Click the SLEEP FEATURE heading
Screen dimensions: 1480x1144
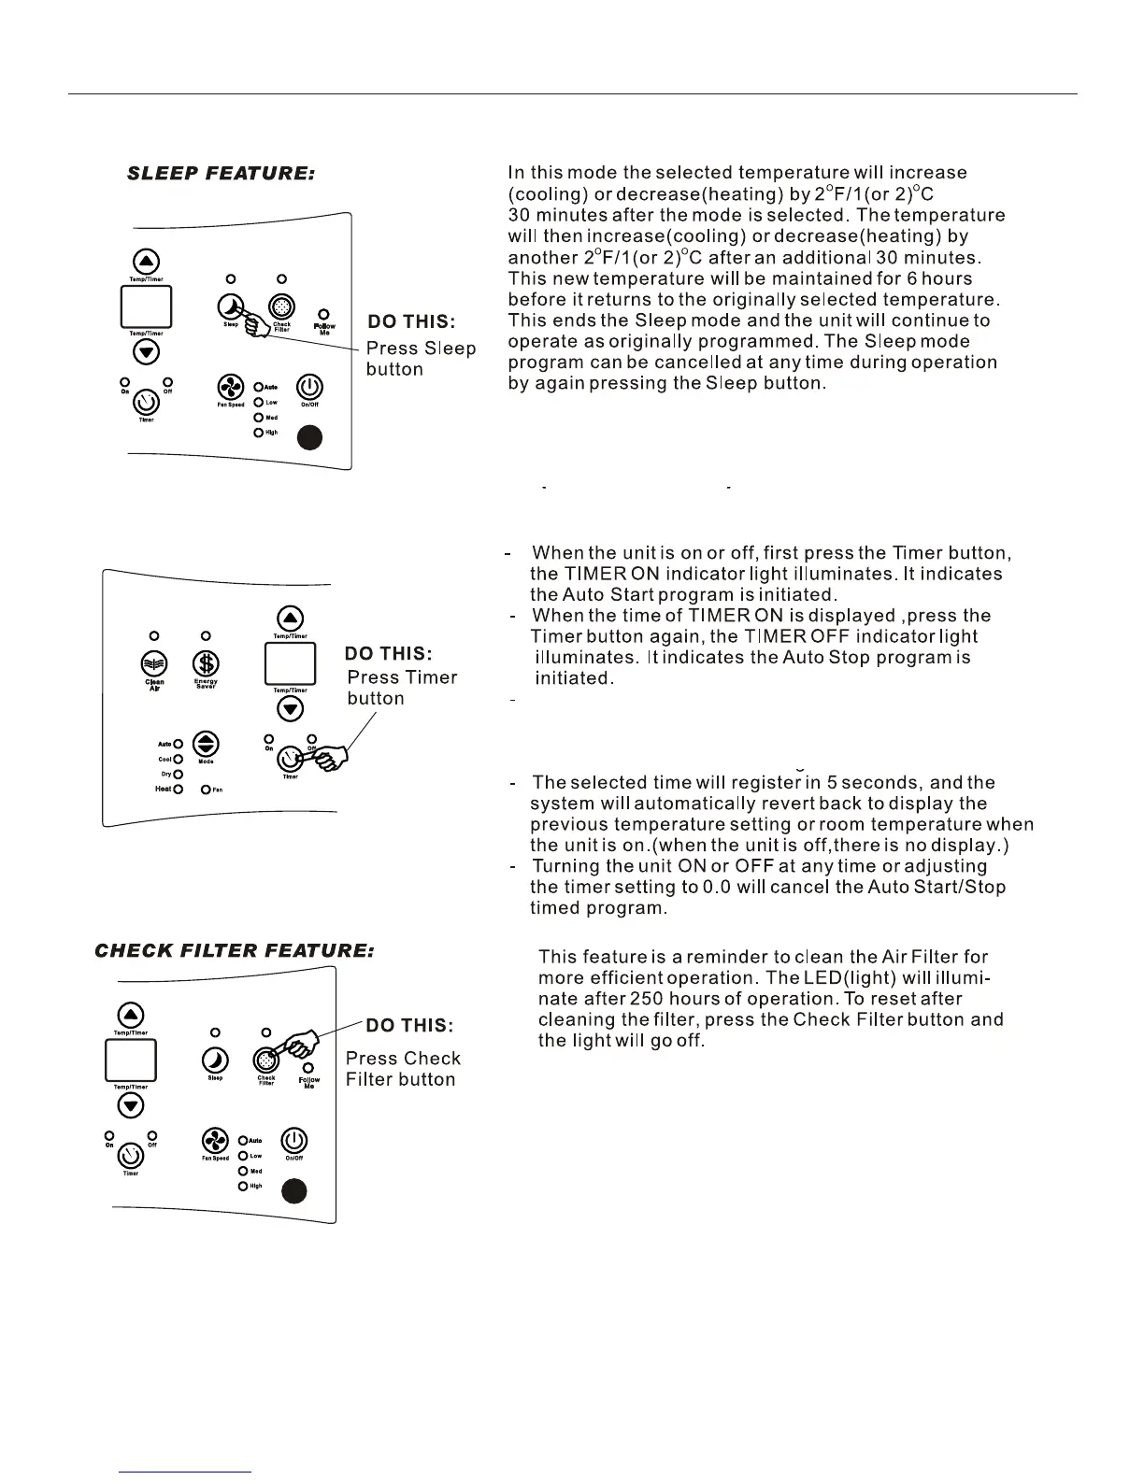[x=221, y=174]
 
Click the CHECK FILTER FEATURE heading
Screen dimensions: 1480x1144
[x=234, y=951]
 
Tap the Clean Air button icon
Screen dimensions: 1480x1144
[x=154, y=662]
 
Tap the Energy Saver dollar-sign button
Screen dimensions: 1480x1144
[x=206, y=662]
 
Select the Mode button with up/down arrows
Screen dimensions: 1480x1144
[x=206, y=744]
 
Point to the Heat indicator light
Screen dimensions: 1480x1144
[x=178, y=790]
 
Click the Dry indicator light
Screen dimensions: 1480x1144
[x=178, y=775]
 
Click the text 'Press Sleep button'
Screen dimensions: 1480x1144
[x=421, y=359]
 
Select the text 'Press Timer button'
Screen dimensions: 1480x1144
[x=402, y=688]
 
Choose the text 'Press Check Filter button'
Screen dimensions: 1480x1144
[x=403, y=1069]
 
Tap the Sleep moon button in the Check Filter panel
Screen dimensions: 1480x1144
[x=215, y=1060]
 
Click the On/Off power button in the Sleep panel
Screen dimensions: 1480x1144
[x=309, y=386]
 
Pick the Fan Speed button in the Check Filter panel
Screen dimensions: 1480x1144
[x=216, y=1141]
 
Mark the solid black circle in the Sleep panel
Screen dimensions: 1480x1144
[x=309, y=437]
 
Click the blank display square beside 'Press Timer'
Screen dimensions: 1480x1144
[x=292, y=664]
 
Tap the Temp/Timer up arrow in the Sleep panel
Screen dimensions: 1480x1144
[x=147, y=262]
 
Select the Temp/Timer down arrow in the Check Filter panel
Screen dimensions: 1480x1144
[x=131, y=1105]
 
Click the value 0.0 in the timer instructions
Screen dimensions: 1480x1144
[x=717, y=887]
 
